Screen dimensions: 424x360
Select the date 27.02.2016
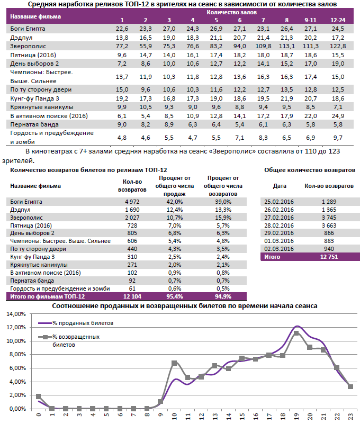click(x=279, y=217)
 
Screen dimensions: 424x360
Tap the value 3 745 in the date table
click(x=329, y=217)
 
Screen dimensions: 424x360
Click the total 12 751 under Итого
click(x=329, y=257)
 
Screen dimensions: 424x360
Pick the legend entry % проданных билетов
click(x=82, y=322)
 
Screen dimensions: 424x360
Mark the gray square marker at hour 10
click(x=175, y=363)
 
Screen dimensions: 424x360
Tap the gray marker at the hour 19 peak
click(x=296, y=333)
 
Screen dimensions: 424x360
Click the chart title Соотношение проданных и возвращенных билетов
click(x=185, y=305)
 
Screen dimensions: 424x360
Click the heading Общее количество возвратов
click(x=309, y=169)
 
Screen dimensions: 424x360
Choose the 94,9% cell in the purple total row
click(x=222, y=296)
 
